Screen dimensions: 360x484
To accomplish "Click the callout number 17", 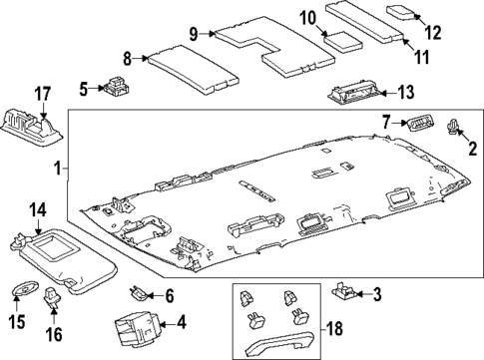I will tap(43, 94).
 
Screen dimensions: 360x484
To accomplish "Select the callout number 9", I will tap(197, 33).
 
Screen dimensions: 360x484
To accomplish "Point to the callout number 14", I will tap(38, 210).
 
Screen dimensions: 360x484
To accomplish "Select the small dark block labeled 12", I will tap(404, 12).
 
